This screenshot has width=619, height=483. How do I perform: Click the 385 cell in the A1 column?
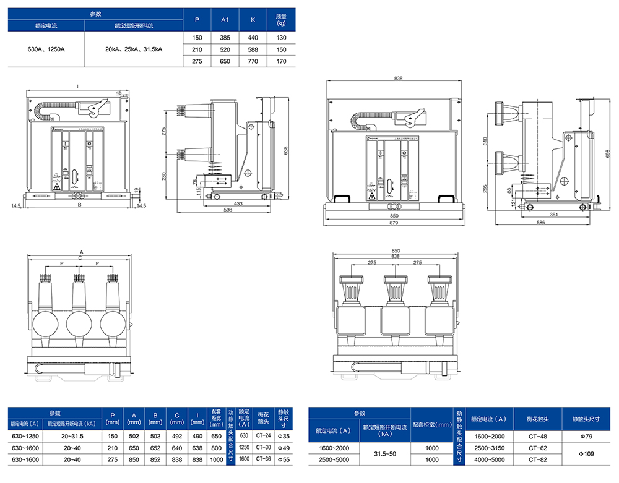225,38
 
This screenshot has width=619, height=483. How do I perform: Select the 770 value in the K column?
253,61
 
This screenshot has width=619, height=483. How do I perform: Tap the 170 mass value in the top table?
281,61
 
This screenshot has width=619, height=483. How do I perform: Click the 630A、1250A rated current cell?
46,49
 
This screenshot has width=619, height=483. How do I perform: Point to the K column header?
253,20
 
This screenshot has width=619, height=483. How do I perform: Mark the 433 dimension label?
238,203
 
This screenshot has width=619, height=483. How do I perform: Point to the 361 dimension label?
554,214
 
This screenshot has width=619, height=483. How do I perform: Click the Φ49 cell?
284,448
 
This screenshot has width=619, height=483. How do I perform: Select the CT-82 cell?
537,459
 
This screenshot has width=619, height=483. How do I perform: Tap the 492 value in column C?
176,436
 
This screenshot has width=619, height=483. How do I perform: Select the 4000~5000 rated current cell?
489,459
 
